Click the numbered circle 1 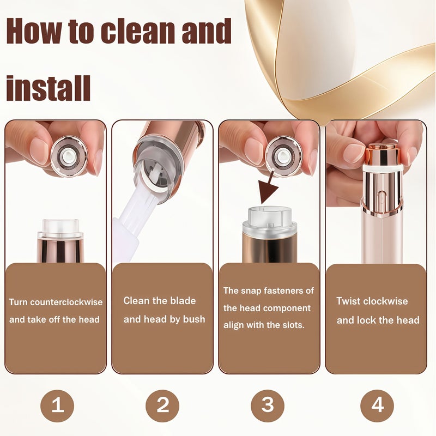click(57, 405)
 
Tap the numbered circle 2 click(162, 405)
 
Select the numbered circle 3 click(268, 405)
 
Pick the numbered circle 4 click(377, 405)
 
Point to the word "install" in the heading click(49, 88)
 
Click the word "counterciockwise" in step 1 click(66, 302)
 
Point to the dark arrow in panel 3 click(268, 188)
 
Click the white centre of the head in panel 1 click(68, 156)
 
